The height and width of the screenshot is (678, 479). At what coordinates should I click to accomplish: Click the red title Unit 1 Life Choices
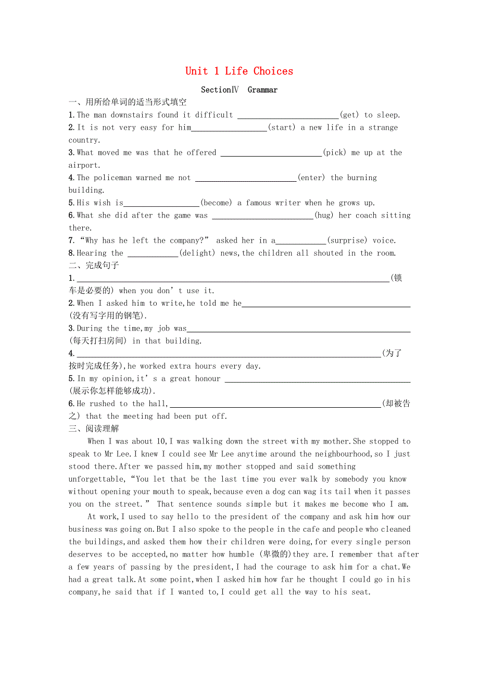239,71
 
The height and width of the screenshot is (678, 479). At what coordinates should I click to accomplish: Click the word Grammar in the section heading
262,90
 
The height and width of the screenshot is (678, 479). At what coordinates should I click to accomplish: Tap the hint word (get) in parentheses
349,115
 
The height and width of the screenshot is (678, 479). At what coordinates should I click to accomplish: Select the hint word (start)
282,128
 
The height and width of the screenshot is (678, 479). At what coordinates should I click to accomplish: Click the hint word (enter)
311,178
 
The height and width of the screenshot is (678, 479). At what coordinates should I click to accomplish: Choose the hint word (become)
216,203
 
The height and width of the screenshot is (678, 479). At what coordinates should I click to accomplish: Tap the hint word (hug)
324,215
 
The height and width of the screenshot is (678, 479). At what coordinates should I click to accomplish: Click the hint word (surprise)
347,241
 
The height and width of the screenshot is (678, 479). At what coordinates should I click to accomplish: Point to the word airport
83,165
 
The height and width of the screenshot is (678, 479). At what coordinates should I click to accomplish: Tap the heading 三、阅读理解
94,429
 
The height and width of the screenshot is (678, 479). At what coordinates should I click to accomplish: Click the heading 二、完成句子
94,266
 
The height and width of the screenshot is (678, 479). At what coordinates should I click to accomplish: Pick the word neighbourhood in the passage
342,454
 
